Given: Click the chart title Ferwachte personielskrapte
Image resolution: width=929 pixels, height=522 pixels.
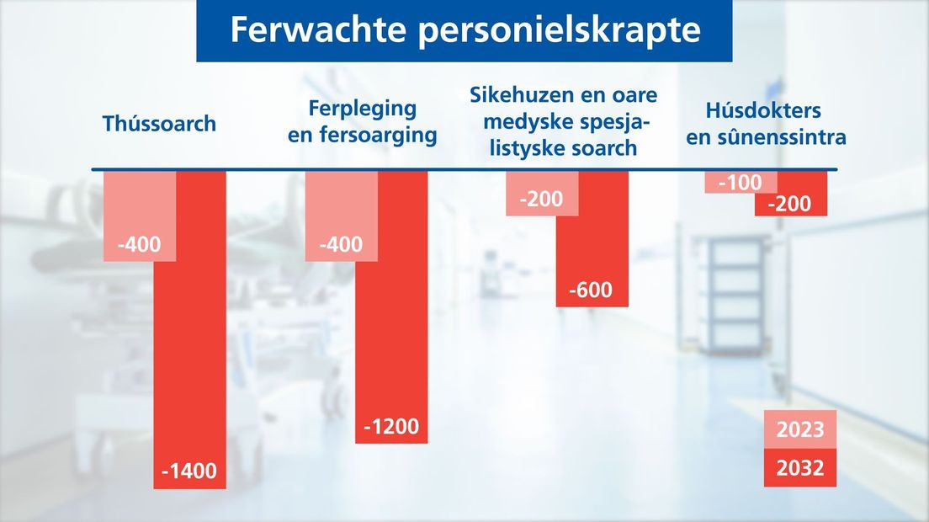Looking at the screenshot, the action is [465, 29].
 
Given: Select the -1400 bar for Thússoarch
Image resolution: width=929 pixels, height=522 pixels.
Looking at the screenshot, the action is [189, 330].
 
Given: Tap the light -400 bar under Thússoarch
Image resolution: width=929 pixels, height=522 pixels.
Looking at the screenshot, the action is [140, 216].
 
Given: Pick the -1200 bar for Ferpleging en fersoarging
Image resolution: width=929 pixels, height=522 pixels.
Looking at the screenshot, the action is [391, 307].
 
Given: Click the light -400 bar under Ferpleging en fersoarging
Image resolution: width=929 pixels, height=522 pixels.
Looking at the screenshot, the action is [342, 216].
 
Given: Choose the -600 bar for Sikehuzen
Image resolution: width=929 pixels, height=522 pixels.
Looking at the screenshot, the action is [592, 239].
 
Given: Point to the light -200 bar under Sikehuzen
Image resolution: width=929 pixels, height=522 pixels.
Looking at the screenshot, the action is [542, 194].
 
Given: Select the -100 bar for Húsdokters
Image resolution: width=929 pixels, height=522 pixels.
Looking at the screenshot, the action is [741, 182].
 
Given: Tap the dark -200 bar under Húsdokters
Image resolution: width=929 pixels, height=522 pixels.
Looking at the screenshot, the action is [791, 194].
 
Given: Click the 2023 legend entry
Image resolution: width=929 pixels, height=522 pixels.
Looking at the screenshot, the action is [800, 429].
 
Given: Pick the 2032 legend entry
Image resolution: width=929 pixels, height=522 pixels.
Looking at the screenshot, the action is [800, 467].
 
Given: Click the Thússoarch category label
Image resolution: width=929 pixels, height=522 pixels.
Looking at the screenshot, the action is [159, 124].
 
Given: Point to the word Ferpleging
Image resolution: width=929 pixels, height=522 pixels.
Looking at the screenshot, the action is [363, 109].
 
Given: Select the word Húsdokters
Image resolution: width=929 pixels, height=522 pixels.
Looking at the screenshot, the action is [763, 110].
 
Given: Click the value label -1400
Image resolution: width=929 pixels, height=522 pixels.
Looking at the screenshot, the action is [189, 471].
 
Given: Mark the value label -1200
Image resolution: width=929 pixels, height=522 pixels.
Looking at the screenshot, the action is [391, 426].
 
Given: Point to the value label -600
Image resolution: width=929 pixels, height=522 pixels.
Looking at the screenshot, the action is [591, 290].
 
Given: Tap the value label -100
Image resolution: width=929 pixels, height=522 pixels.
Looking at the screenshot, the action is [740, 183].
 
